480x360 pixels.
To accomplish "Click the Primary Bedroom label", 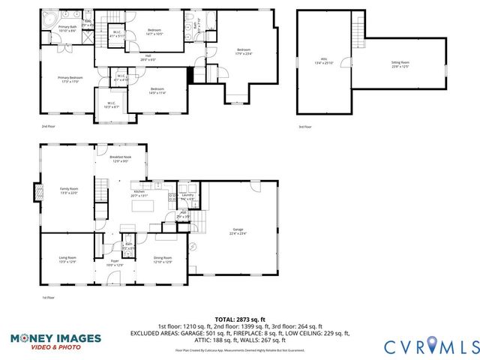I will point(71,79).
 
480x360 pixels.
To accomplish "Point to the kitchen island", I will point(145,203).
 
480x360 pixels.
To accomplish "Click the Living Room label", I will point(67,260).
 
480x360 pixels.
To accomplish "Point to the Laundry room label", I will point(187,197).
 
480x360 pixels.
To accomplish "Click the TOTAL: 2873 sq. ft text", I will point(239,319).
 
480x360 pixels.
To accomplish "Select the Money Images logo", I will point(55,341).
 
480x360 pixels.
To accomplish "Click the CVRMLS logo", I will point(430,346).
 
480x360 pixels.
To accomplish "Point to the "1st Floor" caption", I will point(48,298).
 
